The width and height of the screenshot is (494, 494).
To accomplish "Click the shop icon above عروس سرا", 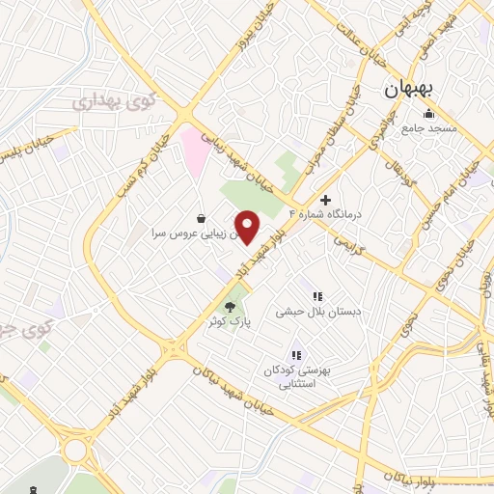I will pyautogui.click(x=200, y=217).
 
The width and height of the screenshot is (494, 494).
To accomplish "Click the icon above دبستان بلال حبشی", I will pyautogui.click(x=316, y=296).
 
